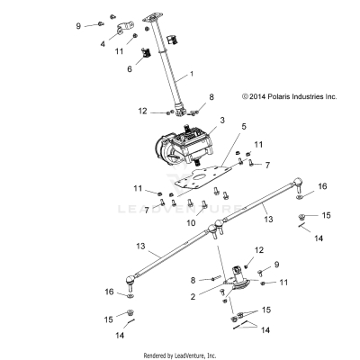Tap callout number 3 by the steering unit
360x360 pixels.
click(x=222, y=120)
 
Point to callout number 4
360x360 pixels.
click(x=102, y=42)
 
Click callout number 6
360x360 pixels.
click(x=129, y=68)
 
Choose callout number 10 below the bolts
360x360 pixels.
click(x=189, y=222)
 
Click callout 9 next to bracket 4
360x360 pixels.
click(x=78, y=25)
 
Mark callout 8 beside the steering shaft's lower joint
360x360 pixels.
click(x=211, y=96)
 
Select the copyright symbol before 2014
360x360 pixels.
click(x=245, y=94)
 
